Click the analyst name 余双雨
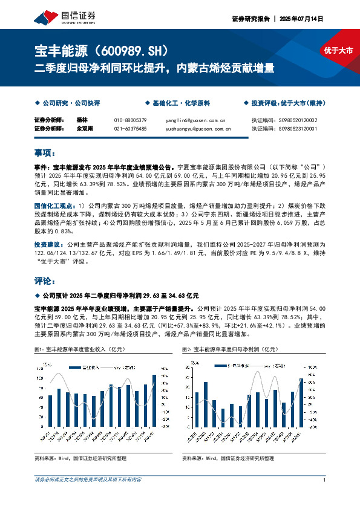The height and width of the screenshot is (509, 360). [x=84, y=129]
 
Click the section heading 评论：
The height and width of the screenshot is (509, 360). [x=45, y=282]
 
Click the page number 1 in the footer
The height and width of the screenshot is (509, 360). [x=325, y=479]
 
